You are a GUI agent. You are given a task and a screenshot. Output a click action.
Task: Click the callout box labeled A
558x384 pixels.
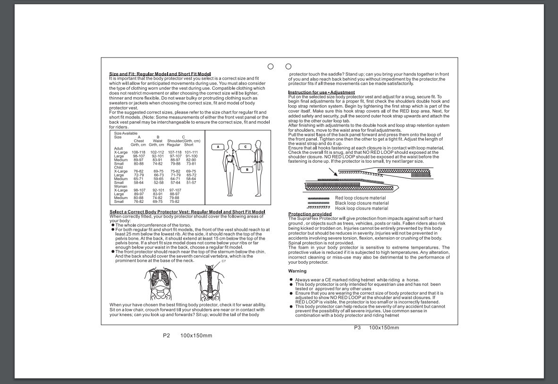click(218, 147)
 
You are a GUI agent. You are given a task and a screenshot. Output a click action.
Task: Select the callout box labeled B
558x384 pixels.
click(248, 169)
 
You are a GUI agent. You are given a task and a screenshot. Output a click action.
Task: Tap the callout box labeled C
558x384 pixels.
click(245, 147)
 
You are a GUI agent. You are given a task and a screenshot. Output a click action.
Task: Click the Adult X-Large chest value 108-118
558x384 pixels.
click(139, 152)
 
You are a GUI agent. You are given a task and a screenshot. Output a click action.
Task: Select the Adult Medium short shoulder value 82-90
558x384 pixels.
click(191, 160)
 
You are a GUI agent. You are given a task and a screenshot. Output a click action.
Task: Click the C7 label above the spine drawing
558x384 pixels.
click(223, 261)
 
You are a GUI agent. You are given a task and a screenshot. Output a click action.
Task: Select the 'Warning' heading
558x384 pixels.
click(297, 271)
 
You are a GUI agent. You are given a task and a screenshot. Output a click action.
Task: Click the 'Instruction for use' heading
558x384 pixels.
click(321, 92)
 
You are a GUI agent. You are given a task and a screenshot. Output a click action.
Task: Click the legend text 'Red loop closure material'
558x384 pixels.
click(360, 198)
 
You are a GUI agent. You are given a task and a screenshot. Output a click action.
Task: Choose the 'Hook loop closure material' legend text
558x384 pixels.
click(362, 208)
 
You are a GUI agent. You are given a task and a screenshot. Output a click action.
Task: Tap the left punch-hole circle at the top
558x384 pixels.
click(271, 66)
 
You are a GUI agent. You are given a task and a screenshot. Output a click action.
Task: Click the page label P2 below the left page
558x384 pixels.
click(166, 335)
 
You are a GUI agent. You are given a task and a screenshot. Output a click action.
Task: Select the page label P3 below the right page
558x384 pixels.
click(357, 327)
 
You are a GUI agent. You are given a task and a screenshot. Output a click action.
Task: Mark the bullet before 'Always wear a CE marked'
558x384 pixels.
click(291, 280)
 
